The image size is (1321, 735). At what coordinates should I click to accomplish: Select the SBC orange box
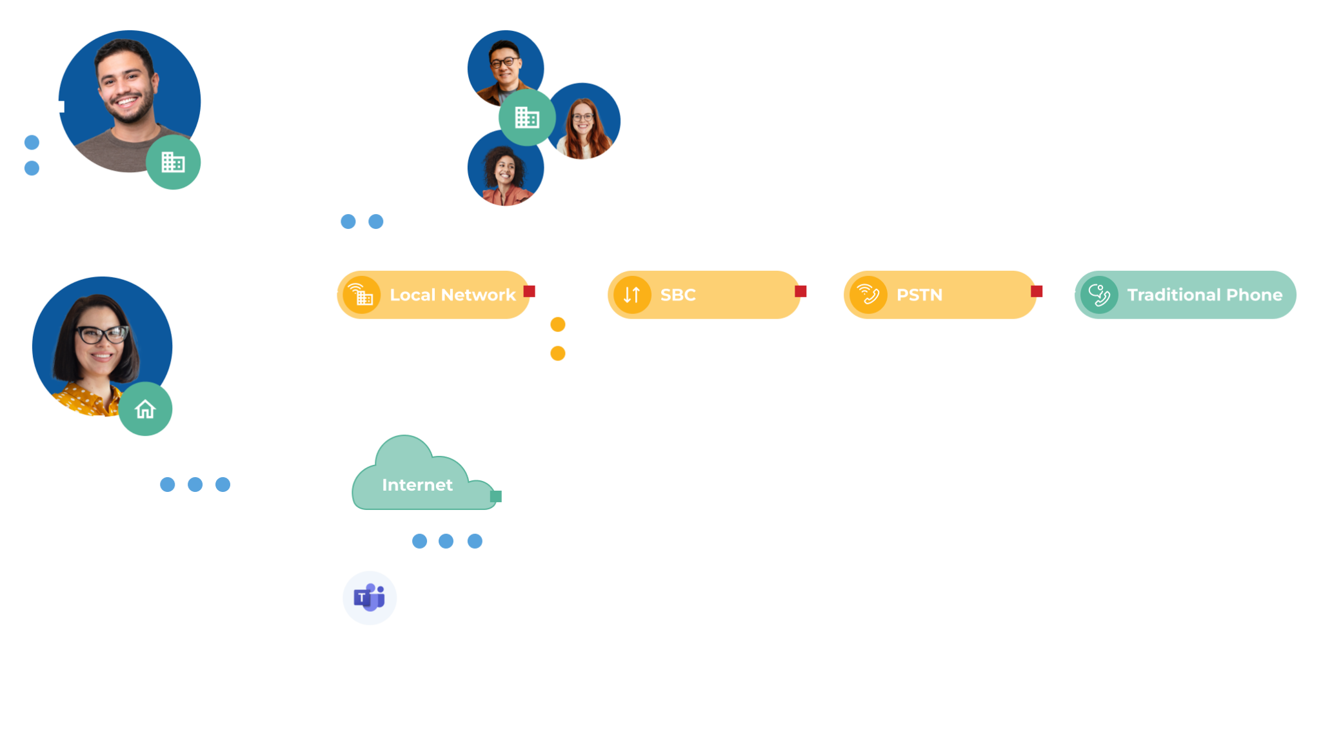(x=703, y=295)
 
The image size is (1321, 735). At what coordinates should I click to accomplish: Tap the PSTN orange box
(x=939, y=295)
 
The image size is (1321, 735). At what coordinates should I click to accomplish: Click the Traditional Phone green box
(x=1186, y=295)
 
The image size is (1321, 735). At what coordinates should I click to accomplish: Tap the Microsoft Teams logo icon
(x=370, y=598)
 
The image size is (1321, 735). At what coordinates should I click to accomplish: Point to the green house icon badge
(x=146, y=409)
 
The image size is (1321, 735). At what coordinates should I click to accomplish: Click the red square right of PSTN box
(x=1037, y=291)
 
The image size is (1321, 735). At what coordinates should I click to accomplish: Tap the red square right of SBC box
(x=800, y=291)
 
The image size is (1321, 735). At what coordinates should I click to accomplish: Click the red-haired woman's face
(x=582, y=120)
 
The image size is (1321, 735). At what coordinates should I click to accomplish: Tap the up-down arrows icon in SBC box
(x=631, y=295)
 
